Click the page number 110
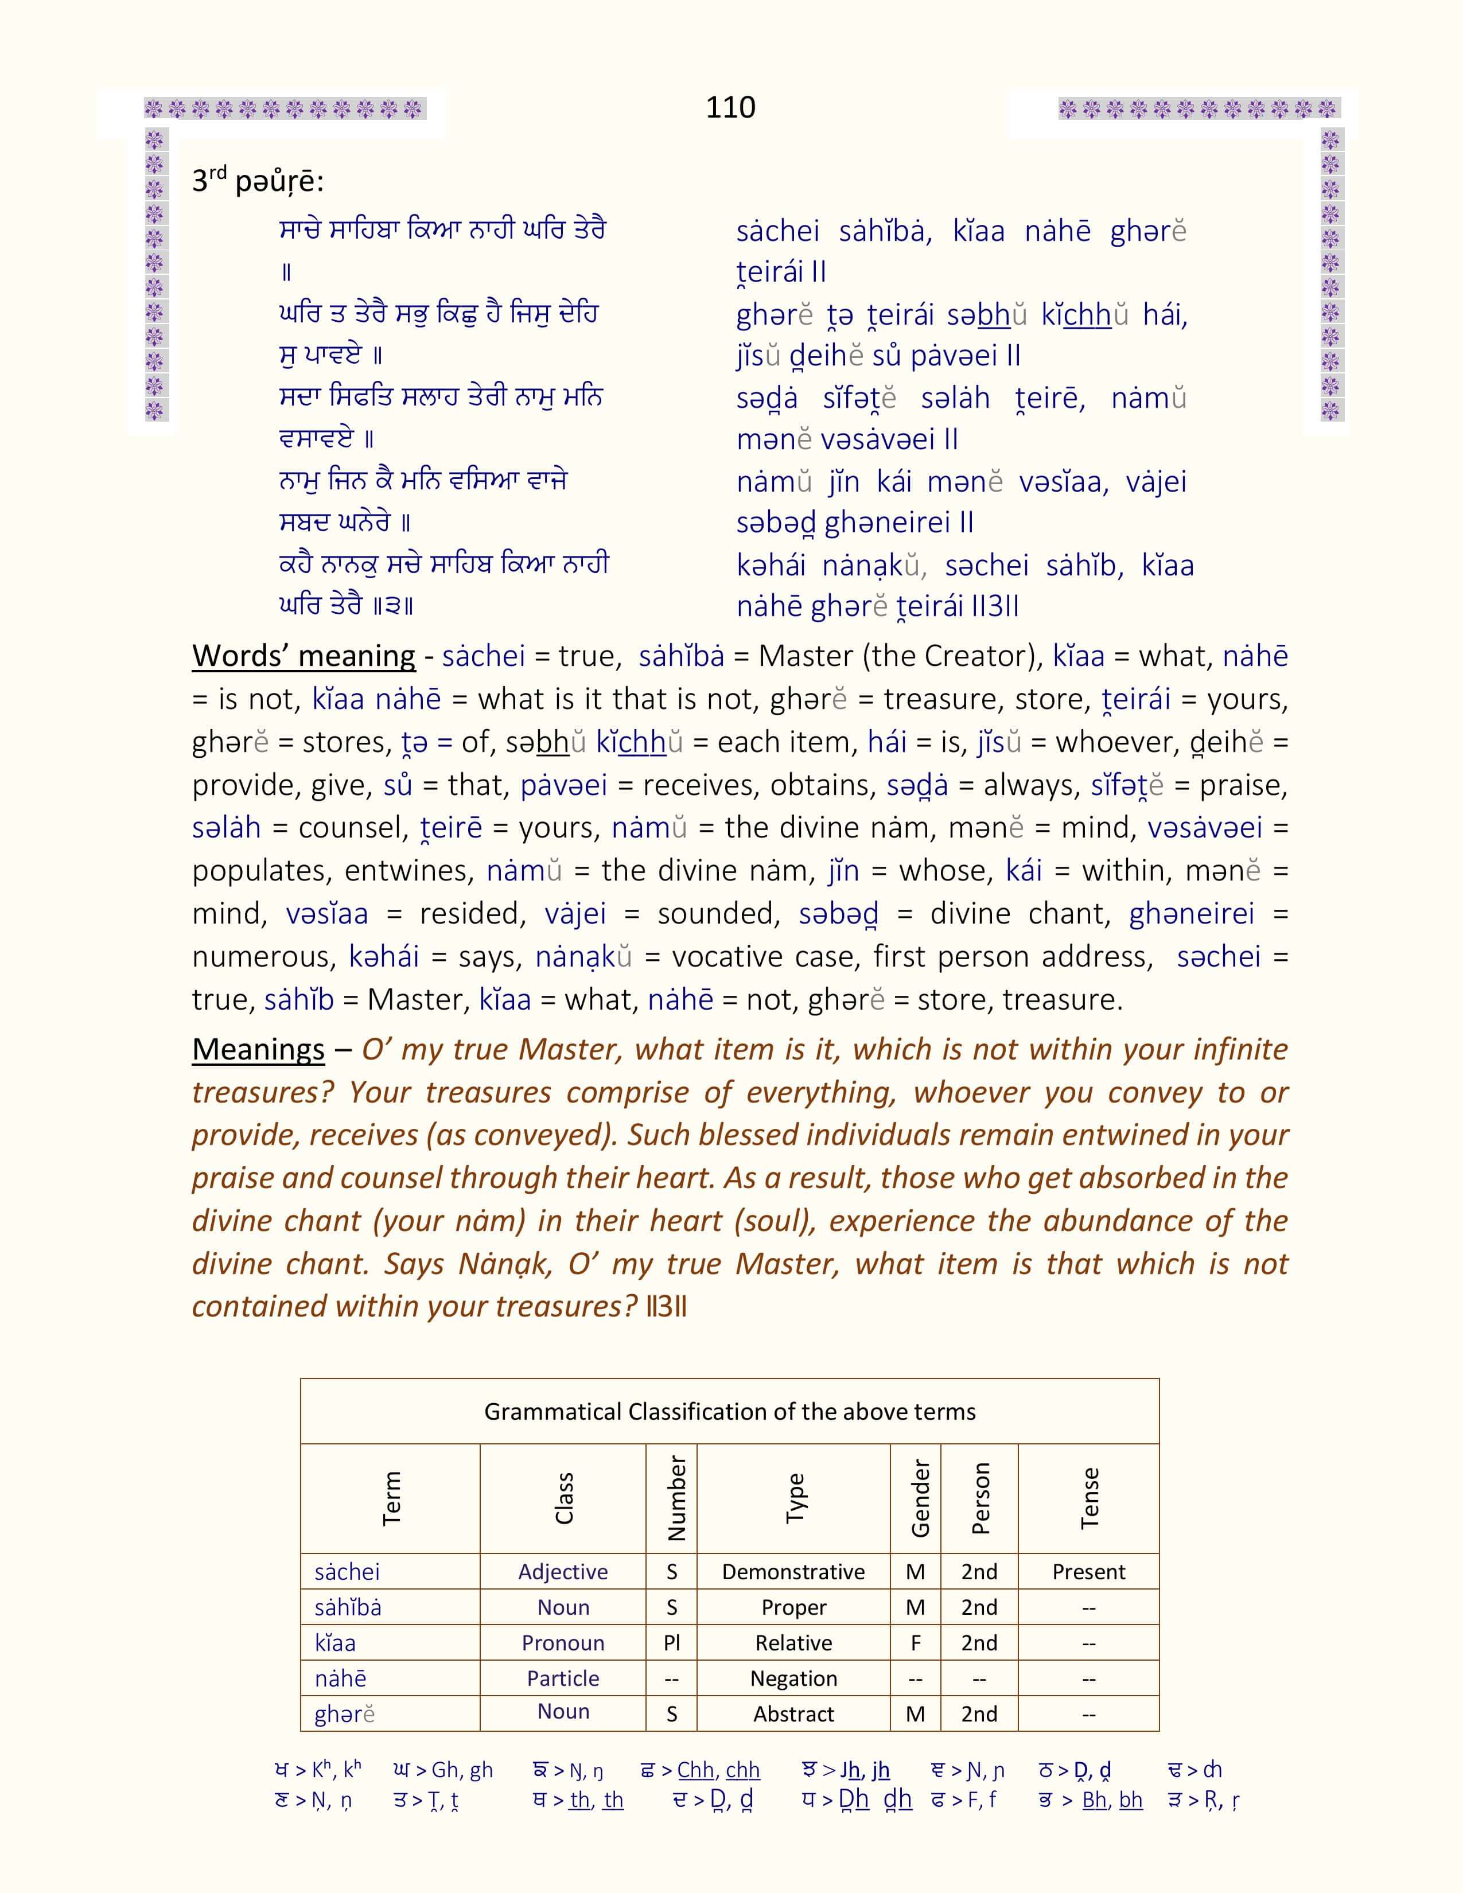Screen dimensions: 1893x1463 [730, 107]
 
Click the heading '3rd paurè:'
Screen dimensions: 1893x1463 [258, 181]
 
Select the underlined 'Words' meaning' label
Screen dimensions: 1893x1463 [304, 656]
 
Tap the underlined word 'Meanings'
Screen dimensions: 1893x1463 [258, 1050]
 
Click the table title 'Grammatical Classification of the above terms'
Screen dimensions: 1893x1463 [730, 1412]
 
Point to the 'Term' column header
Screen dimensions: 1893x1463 [391, 1498]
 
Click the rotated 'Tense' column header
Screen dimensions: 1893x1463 [1090, 1498]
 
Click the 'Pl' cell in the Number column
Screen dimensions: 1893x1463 [672, 1642]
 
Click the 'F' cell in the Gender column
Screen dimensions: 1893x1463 [915, 1642]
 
